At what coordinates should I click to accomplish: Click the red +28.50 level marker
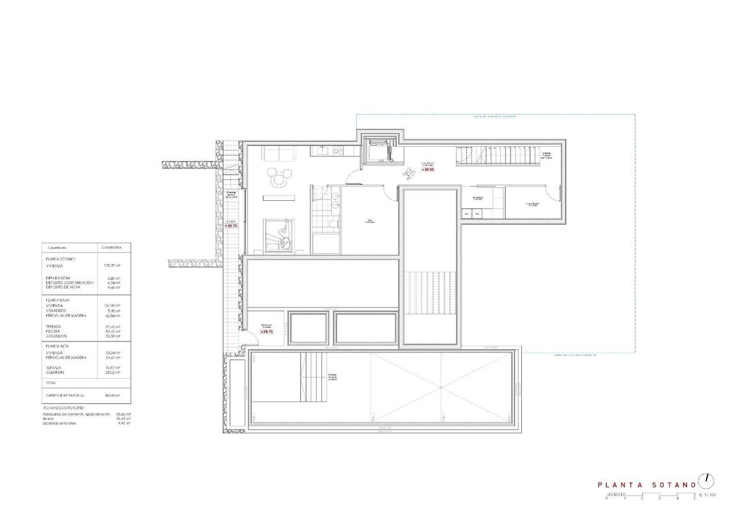click(427, 169)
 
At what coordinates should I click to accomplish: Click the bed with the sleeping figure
click(279, 235)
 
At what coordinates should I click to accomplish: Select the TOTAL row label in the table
click(50, 384)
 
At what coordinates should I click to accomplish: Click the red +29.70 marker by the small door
click(266, 331)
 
